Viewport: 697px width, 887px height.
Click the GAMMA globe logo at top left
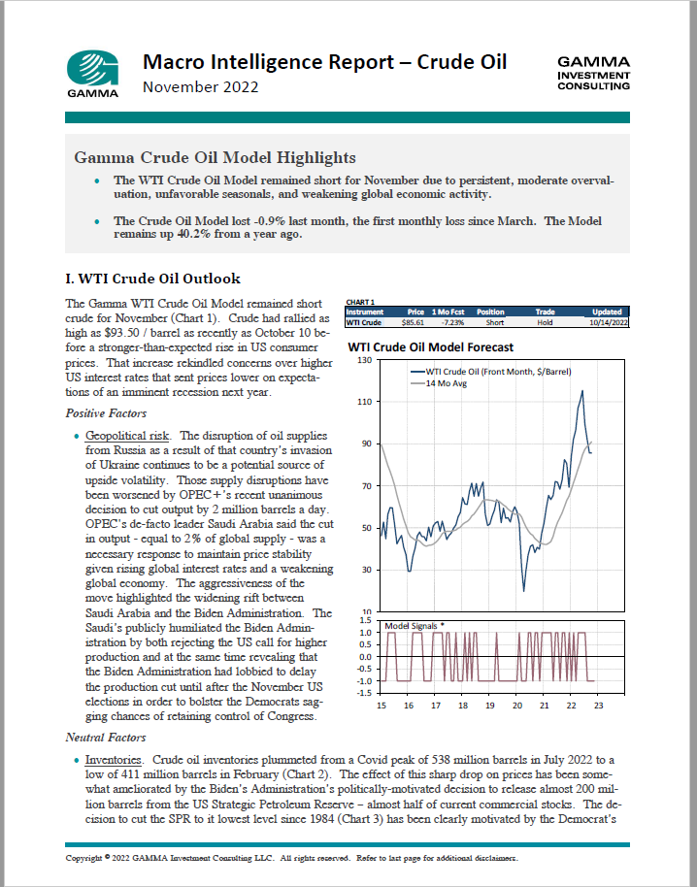click(x=93, y=68)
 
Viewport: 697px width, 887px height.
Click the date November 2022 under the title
click(x=201, y=88)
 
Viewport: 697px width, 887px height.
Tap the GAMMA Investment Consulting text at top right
click(x=593, y=73)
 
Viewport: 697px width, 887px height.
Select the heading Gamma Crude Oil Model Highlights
click(x=215, y=157)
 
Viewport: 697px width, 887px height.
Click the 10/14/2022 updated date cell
click(x=602, y=321)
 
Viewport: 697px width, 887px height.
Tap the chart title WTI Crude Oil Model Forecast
click(x=430, y=346)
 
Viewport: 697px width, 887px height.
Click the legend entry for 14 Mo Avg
click(x=451, y=383)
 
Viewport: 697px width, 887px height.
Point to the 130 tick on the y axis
click(x=365, y=360)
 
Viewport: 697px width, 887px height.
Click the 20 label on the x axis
click(x=517, y=706)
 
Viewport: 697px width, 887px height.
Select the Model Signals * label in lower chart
click(x=415, y=626)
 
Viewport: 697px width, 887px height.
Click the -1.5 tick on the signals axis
click(x=363, y=692)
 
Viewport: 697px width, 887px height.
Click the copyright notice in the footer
click(x=291, y=859)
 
